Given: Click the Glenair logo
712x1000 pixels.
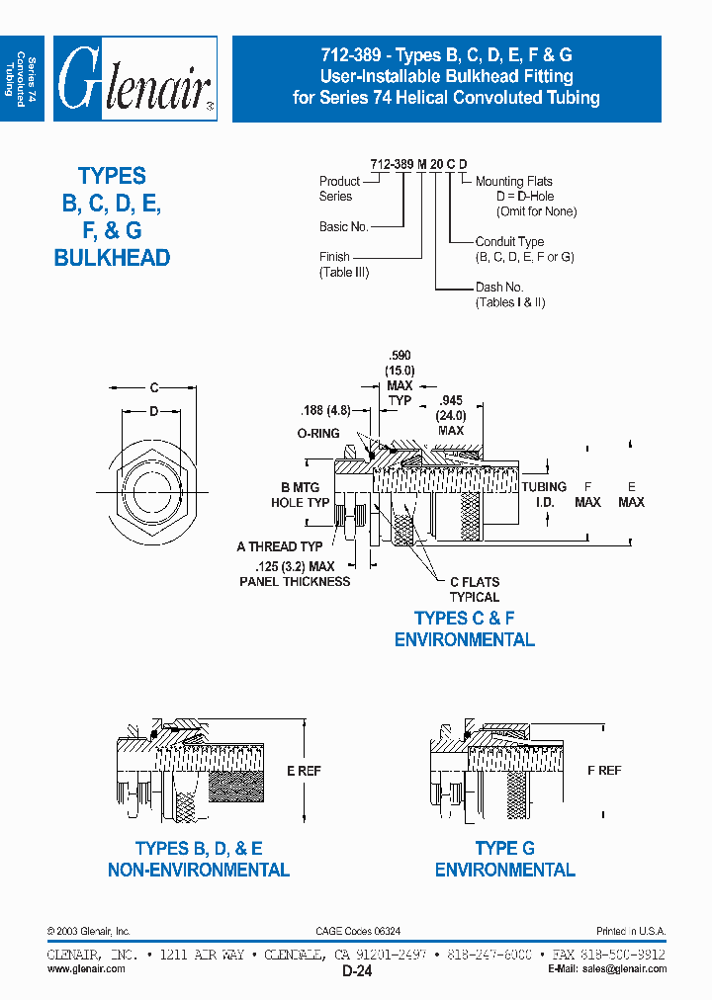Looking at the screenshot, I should pos(134,79).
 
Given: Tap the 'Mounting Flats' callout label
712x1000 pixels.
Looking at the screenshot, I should pos(513,182).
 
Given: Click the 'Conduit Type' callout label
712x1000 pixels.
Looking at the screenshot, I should pos(509,242).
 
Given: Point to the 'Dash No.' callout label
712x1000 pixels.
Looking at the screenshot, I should pos(499,288).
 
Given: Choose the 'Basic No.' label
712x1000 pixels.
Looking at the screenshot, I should pos(343,226).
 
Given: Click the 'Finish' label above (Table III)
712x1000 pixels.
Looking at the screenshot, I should pos(334,257).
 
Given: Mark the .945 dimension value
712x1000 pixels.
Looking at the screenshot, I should pos(451,401).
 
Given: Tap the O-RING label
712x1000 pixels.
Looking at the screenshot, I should pos(318,434).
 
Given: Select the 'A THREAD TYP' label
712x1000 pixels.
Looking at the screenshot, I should pos(280,546).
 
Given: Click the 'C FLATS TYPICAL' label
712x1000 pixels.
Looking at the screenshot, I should pos(475,590).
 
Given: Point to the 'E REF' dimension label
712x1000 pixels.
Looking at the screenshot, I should pos(303,771).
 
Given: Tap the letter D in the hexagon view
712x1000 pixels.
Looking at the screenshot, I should pos(153,410).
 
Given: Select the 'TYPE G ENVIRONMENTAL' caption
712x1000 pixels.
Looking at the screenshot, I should pos(504,860).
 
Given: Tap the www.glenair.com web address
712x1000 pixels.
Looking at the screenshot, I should pos(86,969).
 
